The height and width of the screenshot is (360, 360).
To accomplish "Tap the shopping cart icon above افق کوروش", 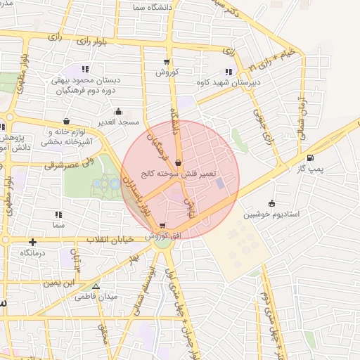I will [x=163, y=226].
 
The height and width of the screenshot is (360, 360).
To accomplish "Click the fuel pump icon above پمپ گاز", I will [x=310, y=157].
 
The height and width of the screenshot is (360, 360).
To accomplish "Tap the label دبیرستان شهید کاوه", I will [x=231, y=83].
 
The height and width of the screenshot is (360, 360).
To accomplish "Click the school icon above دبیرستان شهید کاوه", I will [x=228, y=72].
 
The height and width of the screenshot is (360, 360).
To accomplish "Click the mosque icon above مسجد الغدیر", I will [x=117, y=111].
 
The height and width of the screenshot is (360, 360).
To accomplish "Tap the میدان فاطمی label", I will [x=94, y=297].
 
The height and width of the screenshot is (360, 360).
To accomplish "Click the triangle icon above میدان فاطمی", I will [x=96, y=286].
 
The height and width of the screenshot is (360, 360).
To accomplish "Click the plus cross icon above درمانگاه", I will [x=32, y=242].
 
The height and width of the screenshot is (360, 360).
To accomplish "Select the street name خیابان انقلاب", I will [x=109, y=240].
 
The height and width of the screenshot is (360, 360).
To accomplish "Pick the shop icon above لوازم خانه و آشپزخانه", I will [x=66, y=121].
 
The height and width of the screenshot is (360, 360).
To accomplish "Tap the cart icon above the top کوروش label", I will [x=167, y=61].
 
